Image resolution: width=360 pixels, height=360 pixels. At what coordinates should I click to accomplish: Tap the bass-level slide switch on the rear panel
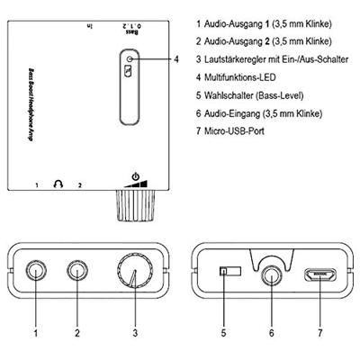point(230,271)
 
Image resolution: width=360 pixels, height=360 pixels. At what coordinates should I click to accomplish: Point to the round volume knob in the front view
point(134,271)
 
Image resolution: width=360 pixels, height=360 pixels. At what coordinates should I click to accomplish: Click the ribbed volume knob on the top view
point(135,206)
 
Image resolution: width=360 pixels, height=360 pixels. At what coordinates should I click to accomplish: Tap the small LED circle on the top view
point(130,59)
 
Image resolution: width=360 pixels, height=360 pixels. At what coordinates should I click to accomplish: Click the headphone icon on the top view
point(58,184)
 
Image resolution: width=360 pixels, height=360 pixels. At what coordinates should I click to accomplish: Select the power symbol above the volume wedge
point(136,175)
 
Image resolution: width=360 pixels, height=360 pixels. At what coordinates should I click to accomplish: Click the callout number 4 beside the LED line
point(176,59)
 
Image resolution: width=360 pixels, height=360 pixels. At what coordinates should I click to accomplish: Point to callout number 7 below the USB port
point(320,332)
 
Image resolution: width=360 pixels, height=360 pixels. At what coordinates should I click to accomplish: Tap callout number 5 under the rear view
point(223,332)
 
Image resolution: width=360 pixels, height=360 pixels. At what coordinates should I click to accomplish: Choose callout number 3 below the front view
point(135,332)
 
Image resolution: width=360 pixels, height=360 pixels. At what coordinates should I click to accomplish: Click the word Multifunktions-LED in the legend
point(239,77)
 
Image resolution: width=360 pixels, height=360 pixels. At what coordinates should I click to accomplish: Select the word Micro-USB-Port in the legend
point(234,131)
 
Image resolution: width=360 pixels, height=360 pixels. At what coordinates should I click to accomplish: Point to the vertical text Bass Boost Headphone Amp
point(31,104)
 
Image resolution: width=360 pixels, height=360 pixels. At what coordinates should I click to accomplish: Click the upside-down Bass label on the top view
point(132,31)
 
